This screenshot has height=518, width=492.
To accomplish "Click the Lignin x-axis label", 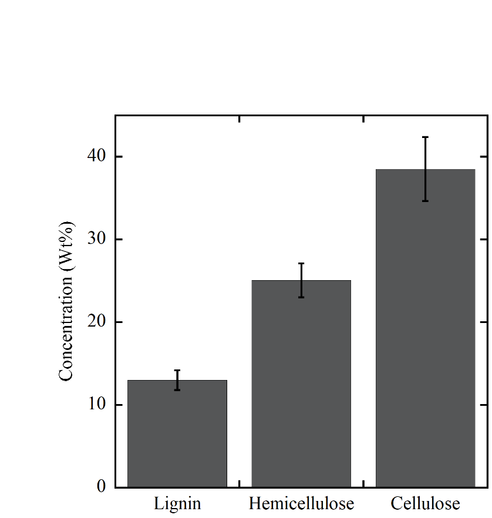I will pos(177,503).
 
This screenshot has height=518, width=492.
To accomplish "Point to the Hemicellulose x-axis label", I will pos(301,503).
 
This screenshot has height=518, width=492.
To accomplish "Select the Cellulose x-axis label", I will pos(425,503).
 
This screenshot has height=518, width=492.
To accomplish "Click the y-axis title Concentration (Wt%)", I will pos(66,301).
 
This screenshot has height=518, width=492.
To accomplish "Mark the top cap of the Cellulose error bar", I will pos(425,137).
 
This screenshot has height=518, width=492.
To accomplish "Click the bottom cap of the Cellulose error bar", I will pos(425,201).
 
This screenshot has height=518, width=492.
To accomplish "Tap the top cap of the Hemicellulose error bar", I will pos(301,263).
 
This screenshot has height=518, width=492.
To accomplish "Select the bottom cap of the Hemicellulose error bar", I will pos(301,297).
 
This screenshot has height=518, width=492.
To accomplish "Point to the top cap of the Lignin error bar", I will pos(177,370).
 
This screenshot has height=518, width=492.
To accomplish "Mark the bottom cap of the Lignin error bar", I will pos(177,389).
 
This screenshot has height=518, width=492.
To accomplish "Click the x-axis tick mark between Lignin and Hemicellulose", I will pos(240,483).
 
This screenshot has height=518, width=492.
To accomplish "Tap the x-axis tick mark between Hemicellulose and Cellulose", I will pos(363,483).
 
